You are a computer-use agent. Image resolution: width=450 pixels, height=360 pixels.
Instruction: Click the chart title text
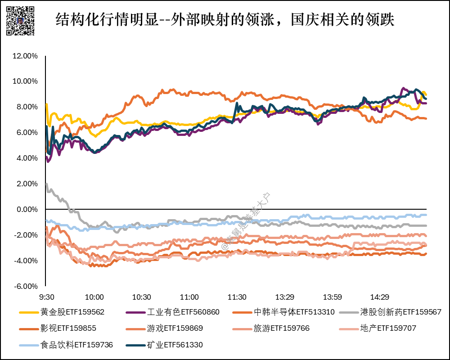point(225,19)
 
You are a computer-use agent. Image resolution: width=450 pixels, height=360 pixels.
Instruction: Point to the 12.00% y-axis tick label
point(25,56)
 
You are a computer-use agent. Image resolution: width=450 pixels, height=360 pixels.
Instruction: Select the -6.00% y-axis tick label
point(26,286)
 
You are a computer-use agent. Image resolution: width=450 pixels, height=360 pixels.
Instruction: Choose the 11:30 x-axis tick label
point(237,297)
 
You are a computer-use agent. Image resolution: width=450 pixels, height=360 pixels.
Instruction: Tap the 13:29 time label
point(284,297)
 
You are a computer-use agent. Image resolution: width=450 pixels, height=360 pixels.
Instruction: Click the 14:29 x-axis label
point(379,297)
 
